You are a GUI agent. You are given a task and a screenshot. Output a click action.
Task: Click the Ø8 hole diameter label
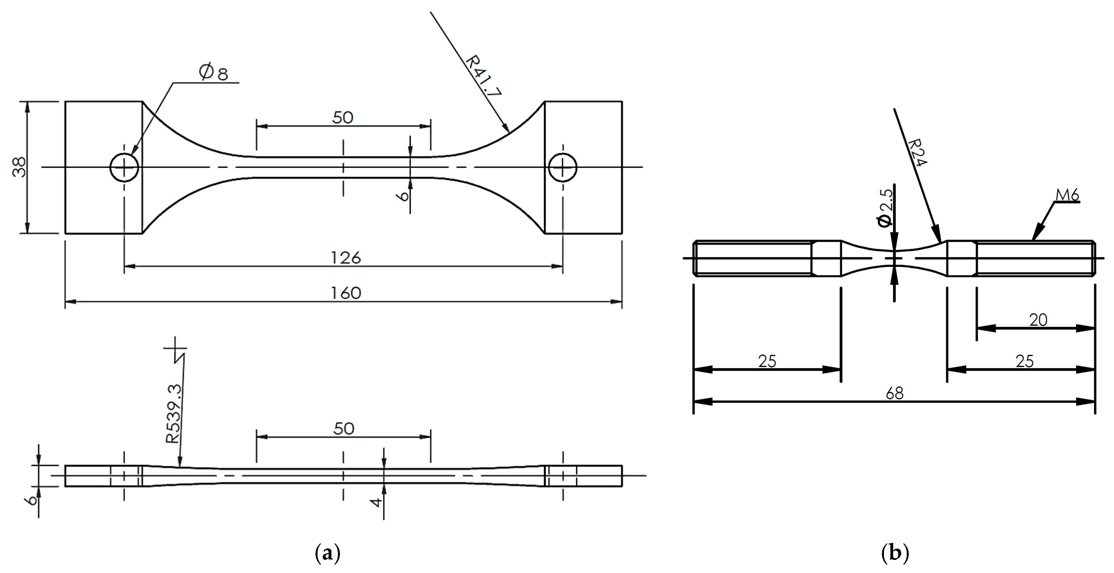[214, 72]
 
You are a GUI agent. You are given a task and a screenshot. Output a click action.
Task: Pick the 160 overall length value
[346, 293]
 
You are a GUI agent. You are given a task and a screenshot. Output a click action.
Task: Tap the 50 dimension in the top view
[342, 118]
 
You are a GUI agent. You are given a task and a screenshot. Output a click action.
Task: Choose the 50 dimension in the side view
[344, 429]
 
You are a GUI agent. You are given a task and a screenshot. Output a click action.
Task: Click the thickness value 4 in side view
[377, 502]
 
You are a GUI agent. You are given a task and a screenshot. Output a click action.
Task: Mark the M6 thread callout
[1067, 196]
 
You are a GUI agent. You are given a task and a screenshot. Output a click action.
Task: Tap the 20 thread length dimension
[1038, 320]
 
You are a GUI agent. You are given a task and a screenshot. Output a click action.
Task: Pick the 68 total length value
[894, 393]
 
